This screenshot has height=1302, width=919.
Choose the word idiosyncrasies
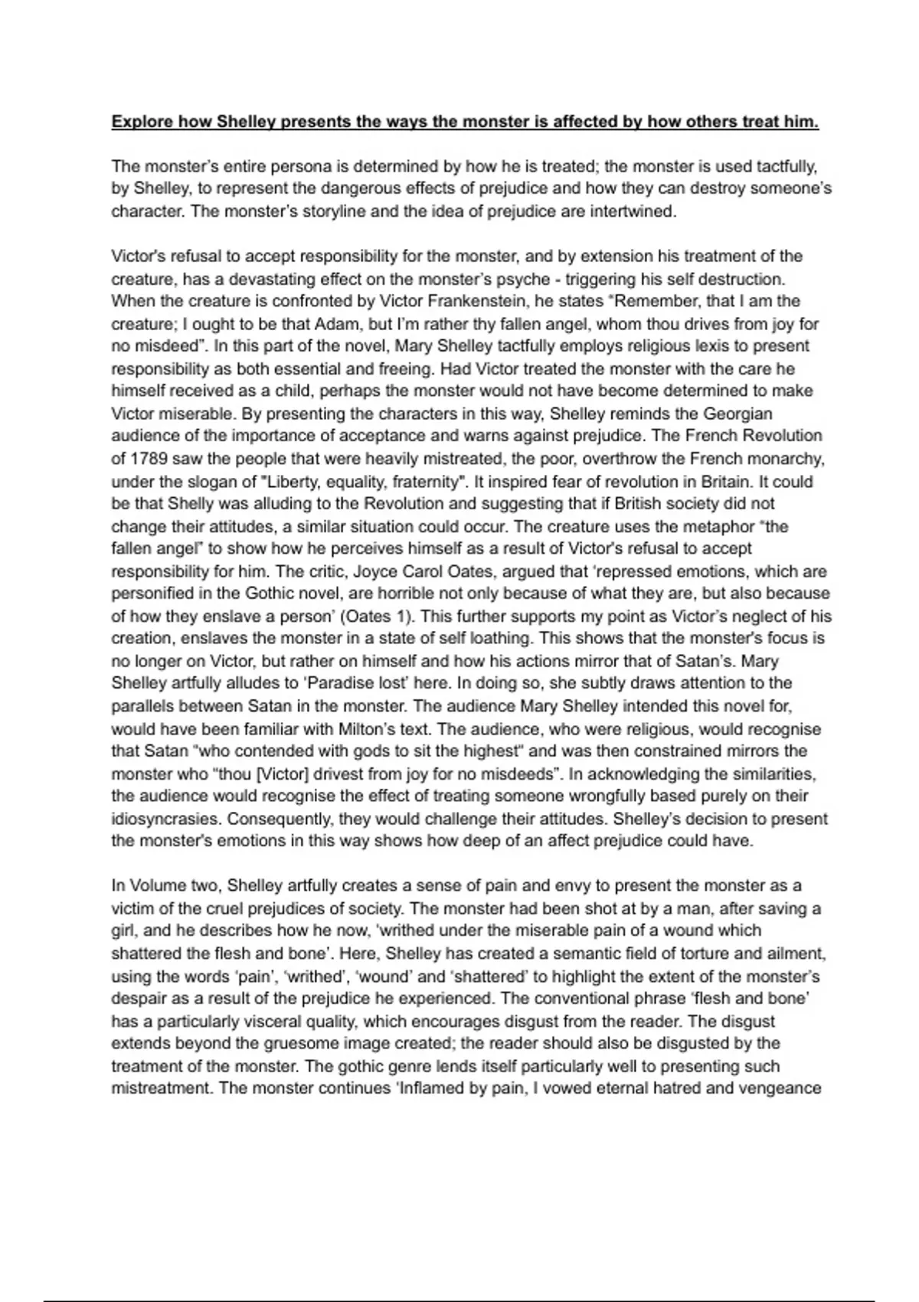(165, 819)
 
